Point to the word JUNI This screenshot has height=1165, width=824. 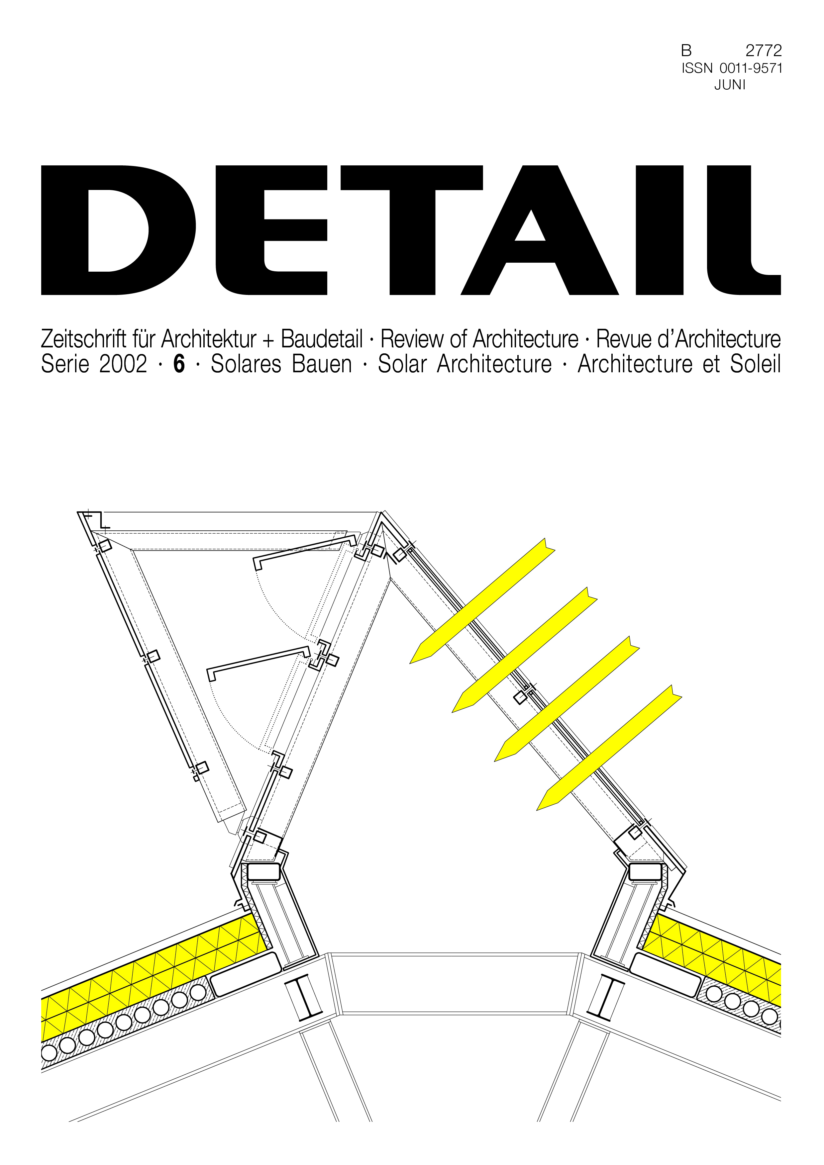coord(730,85)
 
